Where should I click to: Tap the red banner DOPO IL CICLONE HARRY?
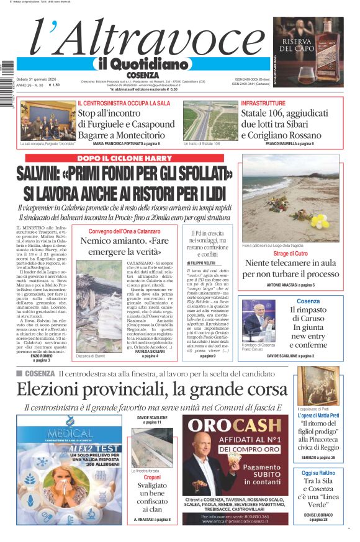[x=124, y=158]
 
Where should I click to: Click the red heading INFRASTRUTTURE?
[x=263, y=102]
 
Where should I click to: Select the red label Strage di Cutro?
[x=290, y=254]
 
